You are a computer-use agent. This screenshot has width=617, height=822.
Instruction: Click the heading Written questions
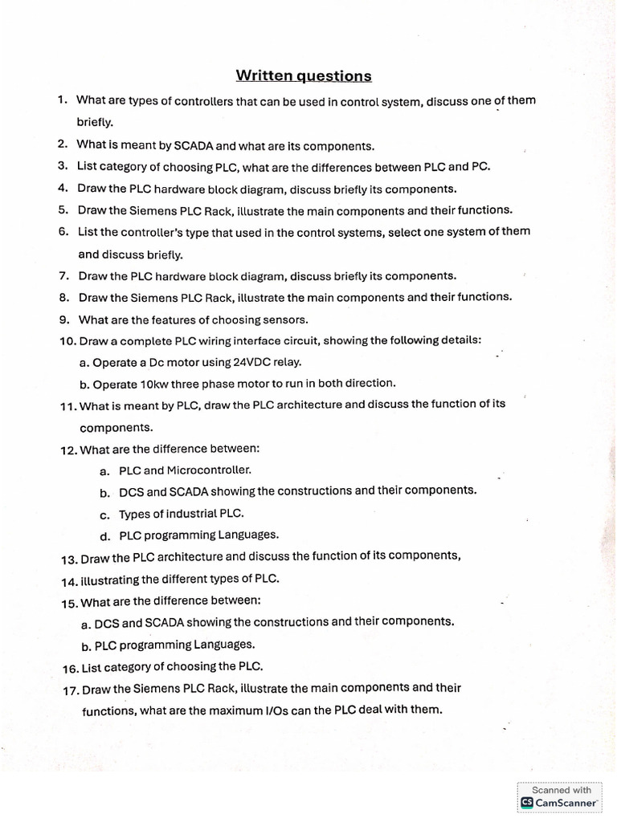point(304,76)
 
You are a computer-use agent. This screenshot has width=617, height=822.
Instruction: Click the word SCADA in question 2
point(194,146)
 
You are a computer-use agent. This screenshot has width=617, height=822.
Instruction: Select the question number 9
point(63,319)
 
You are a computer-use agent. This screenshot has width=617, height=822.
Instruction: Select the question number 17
point(70,690)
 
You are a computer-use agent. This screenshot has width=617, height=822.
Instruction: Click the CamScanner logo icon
point(527,802)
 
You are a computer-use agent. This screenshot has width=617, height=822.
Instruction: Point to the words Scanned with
point(562,790)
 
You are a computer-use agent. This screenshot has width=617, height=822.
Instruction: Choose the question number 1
point(61,100)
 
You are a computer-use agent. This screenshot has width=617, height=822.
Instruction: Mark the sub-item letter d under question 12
point(104,535)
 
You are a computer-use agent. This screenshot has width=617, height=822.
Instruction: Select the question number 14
point(69,580)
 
